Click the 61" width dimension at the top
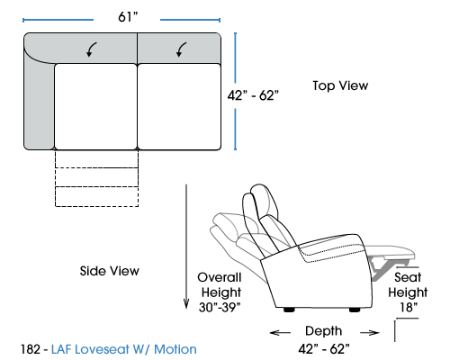128,17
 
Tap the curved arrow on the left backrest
91,49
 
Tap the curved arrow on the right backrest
181,49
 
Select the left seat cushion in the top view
95,106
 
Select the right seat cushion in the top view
179,106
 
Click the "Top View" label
340,85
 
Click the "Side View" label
109,271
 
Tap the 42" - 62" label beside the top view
253,95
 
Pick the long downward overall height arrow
186,247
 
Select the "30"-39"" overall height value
220,307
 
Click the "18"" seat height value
409,307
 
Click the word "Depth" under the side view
324,331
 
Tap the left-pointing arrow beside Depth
280,332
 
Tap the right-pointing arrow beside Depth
369,332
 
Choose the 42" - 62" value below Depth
324,349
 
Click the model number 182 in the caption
31,349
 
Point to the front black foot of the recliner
355,310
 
